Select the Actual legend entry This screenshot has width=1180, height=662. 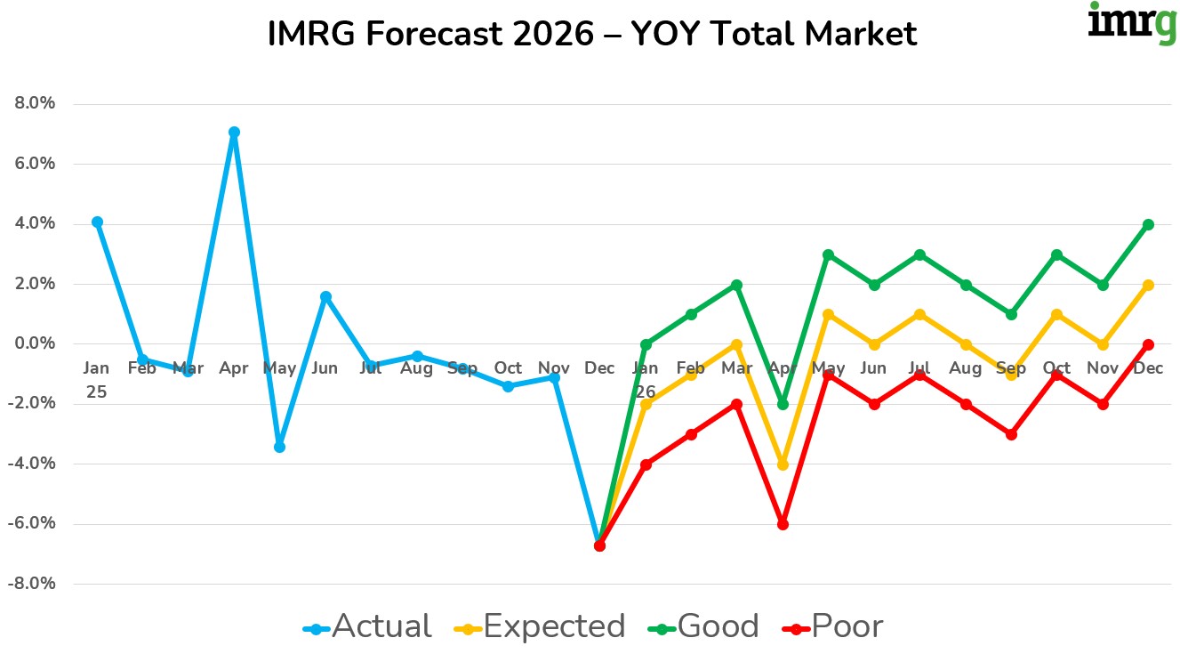click(x=367, y=627)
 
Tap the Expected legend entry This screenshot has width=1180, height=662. click(x=542, y=627)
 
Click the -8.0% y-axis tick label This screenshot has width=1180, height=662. click(x=33, y=584)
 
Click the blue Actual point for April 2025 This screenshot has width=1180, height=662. click(x=234, y=133)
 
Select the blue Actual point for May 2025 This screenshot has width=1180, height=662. click(x=279, y=447)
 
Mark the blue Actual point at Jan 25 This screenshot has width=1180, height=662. click(x=97, y=222)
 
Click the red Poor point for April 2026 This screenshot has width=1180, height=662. click(x=783, y=524)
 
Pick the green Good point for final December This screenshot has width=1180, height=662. click(x=1148, y=224)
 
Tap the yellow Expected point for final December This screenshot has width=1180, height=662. click(x=1148, y=285)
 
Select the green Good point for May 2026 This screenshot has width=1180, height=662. click(x=828, y=254)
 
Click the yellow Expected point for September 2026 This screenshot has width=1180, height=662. click(x=1011, y=375)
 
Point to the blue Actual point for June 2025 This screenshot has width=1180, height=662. click(x=325, y=296)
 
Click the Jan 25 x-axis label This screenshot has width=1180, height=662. click(x=96, y=379)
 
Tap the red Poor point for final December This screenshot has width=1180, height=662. click(x=1148, y=344)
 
